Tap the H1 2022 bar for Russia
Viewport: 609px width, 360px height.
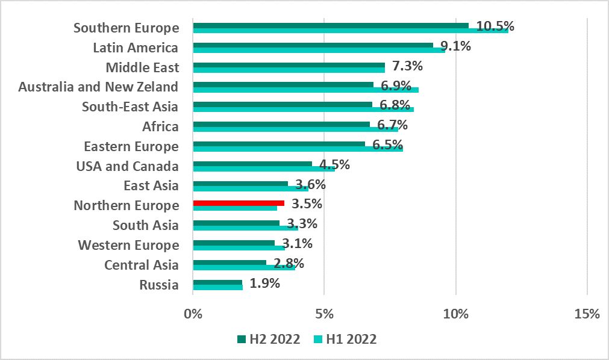[217, 287]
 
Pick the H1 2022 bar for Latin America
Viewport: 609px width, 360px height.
[319, 50]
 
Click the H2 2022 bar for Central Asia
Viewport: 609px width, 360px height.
[230, 262]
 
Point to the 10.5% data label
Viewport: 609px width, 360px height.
[495, 26]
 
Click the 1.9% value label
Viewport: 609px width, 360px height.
[265, 284]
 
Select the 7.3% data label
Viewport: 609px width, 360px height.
[409, 66]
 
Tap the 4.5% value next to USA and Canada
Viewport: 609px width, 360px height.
[335, 164]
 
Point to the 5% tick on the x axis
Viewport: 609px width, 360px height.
[324, 314]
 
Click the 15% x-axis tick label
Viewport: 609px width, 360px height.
[587, 314]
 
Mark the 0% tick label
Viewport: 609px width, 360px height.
[193, 314]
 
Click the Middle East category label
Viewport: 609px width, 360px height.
[142, 67]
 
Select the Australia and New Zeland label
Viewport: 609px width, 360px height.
[98, 87]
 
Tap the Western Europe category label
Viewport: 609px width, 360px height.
[128, 245]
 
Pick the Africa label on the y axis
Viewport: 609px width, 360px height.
[160, 126]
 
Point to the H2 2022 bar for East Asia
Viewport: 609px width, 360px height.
[240, 184]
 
